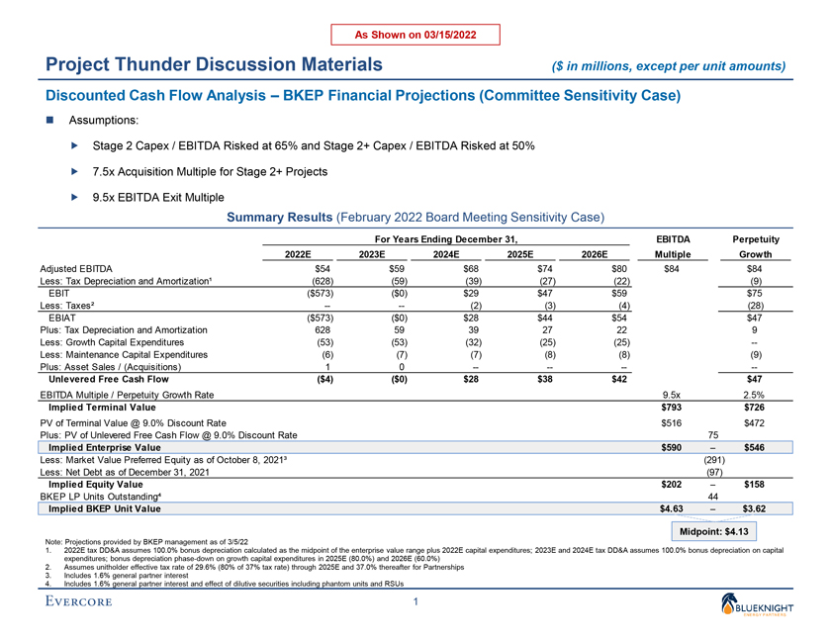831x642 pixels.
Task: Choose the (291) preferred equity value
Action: point(713,462)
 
